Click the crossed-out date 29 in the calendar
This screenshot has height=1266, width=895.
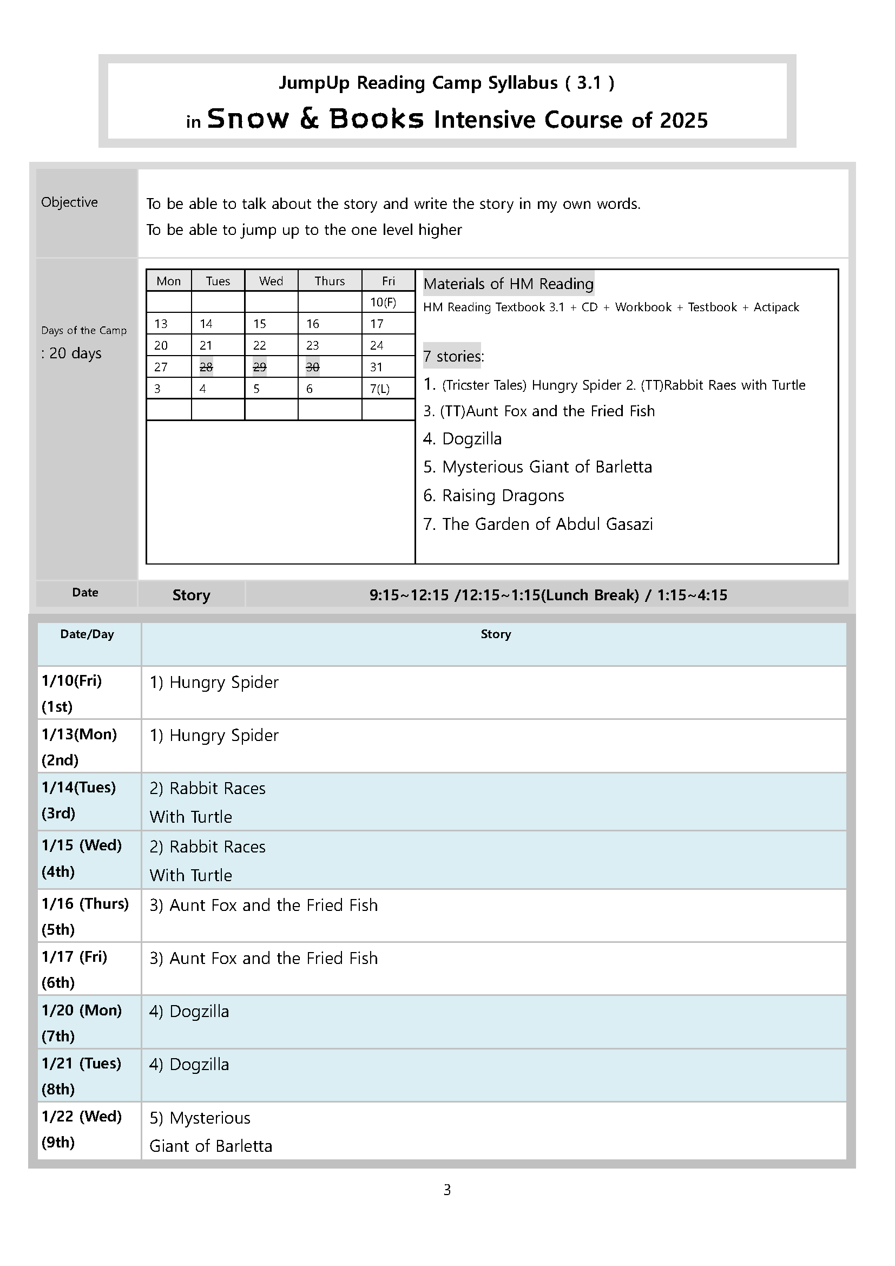(x=260, y=367)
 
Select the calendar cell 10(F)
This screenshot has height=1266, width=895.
(x=383, y=302)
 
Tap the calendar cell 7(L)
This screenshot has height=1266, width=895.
(x=380, y=389)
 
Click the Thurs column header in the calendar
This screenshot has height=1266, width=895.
(x=330, y=281)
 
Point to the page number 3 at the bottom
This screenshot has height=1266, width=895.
(x=447, y=1190)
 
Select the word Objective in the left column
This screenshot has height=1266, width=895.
(x=69, y=202)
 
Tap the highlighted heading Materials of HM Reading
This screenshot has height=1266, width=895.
(x=508, y=284)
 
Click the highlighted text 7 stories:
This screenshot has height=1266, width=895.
(x=453, y=356)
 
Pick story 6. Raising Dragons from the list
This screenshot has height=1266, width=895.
(x=494, y=496)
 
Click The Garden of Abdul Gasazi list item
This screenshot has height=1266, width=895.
(x=538, y=524)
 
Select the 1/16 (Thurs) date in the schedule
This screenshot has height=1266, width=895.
(x=85, y=904)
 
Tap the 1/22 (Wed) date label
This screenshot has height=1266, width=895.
(x=82, y=1117)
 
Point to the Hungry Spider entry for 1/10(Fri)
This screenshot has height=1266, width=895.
(x=214, y=683)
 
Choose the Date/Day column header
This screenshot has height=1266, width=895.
(x=87, y=634)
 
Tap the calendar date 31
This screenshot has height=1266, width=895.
(x=377, y=367)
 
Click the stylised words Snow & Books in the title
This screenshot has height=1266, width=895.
(x=315, y=119)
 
